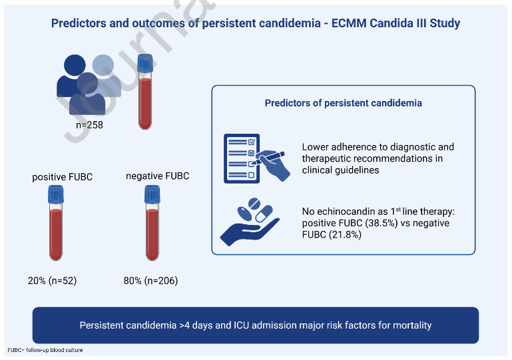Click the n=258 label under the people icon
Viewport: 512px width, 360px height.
pyautogui.click(x=89, y=124)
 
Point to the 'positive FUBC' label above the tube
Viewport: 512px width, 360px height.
pyautogui.click(x=63, y=177)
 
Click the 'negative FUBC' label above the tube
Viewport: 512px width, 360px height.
pyautogui.click(x=157, y=176)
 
